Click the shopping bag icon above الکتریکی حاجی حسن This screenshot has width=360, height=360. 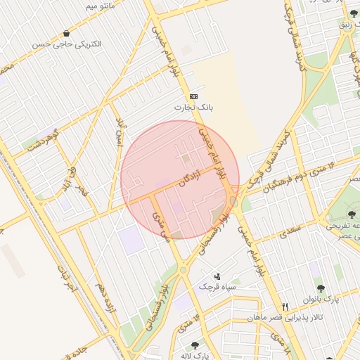coord(67,33)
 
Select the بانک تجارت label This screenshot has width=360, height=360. coord(193,108)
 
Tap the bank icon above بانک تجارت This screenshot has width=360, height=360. coord(193,96)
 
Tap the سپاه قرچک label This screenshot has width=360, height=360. coord(217,287)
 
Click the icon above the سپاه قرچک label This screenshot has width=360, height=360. coord(217,276)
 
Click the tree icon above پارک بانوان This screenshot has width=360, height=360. coord(321,288)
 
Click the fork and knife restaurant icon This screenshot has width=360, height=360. coord(285,307)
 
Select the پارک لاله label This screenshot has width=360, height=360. coord(196,355)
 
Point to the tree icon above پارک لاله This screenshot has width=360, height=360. coord(195,345)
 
